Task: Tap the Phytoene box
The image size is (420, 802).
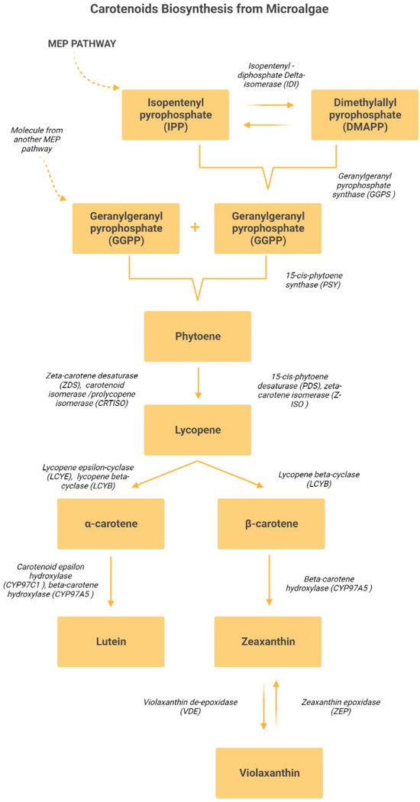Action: coord(198,337)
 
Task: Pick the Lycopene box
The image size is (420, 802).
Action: coord(198,429)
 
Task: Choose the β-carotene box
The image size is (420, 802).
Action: coord(271,524)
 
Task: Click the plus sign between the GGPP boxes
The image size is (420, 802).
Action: coord(195,227)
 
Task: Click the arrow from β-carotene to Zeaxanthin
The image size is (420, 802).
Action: coord(270,582)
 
